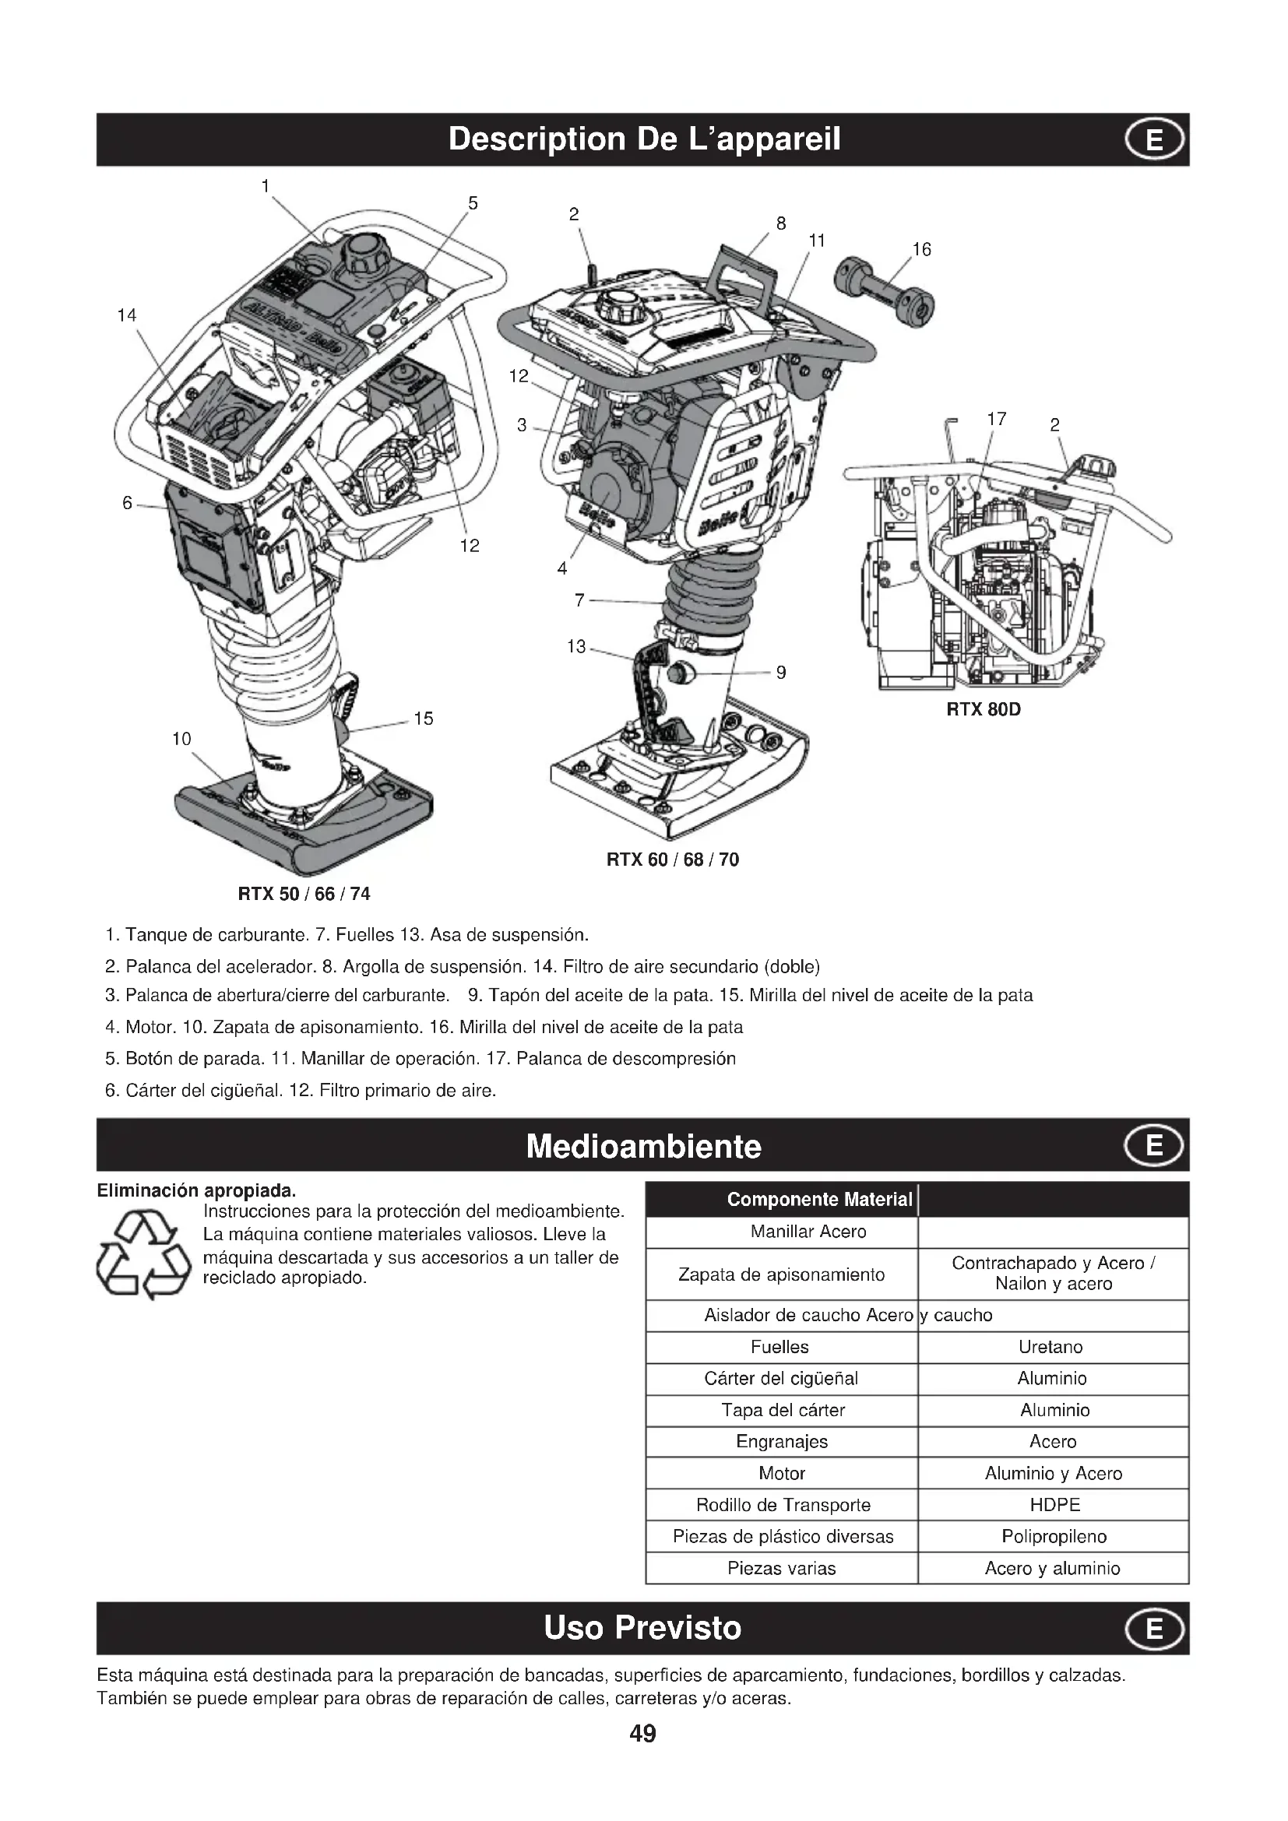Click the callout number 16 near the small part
[x=920, y=250]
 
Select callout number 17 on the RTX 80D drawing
[x=996, y=419]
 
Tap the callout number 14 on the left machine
[x=127, y=315]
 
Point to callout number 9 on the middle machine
[x=780, y=673]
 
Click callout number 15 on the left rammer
[x=424, y=719]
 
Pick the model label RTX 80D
[x=984, y=710]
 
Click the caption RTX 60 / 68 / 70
[x=673, y=860]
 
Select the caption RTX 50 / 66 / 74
[x=304, y=894]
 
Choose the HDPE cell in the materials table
[x=1054, y=1505]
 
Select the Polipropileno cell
[x=1054, y=1536]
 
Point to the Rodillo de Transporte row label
[x=783, y=1505]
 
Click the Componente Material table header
[x=819, y=1199]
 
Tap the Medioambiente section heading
[x=643, y=1147]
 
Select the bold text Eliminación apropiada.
[x=196, y=1190]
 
